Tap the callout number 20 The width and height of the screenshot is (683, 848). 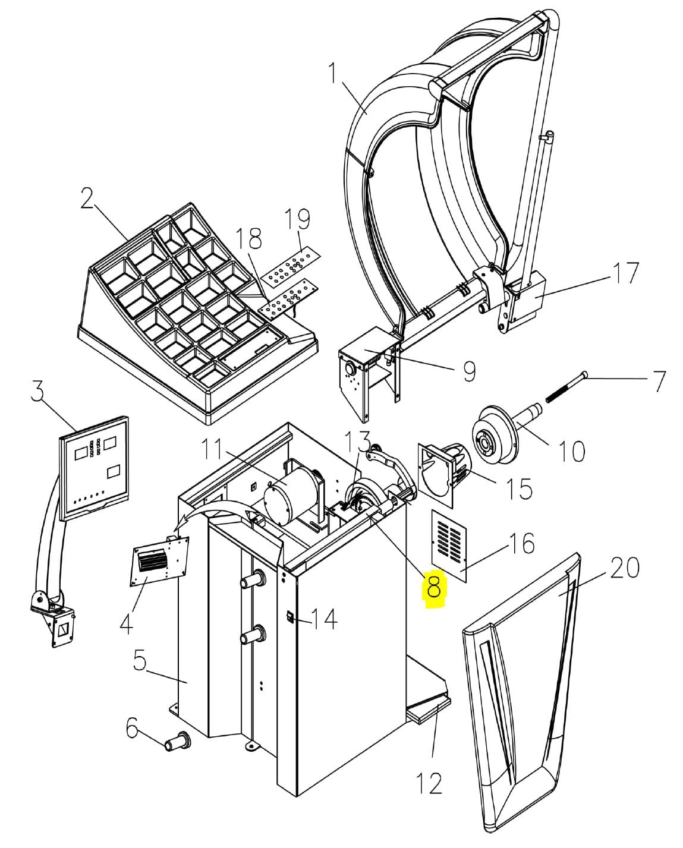pos(624,568)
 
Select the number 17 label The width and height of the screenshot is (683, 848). pos(624,273)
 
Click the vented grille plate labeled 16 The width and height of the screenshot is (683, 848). pos(449,545)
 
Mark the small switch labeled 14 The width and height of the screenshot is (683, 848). pos(289,617)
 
